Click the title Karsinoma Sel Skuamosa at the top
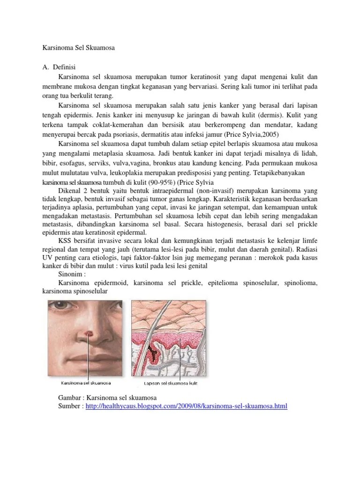click(75, 48)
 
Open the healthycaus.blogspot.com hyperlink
click(186, 406)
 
